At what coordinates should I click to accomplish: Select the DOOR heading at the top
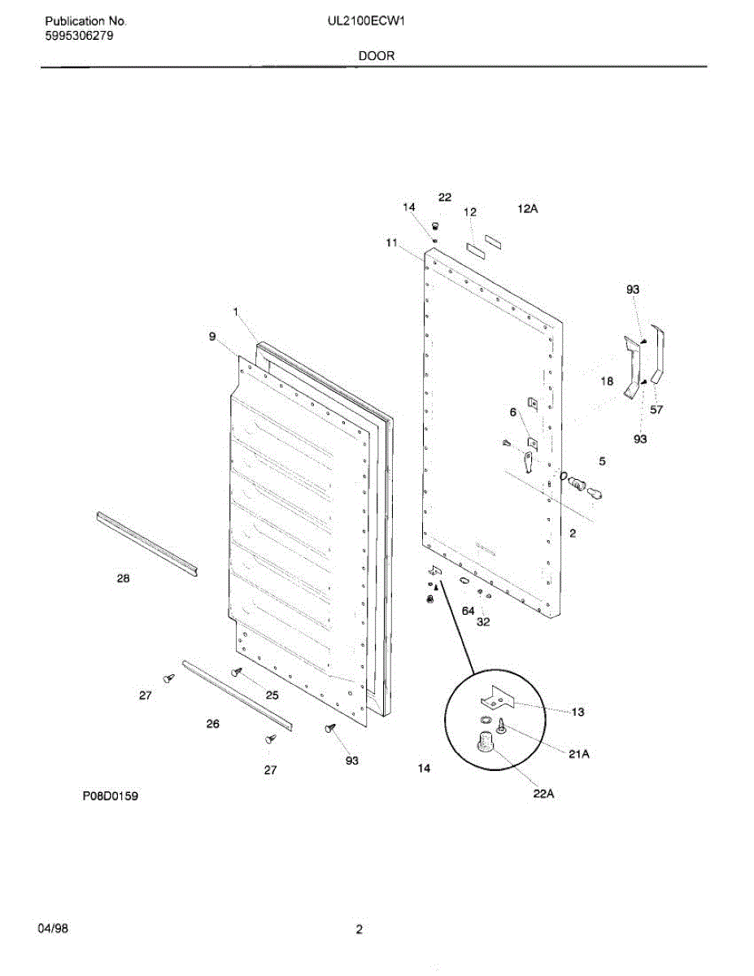click(375, 55)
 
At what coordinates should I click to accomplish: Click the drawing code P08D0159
click(109, 796)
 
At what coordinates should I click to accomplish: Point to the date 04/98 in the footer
click(53, 929)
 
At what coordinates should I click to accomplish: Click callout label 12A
click(528, 209)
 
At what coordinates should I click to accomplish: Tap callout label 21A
click(578, 754)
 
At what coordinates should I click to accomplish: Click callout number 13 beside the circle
click(577, 712)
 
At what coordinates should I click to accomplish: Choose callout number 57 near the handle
click(656, 410)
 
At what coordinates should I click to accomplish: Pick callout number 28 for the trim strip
click(123, 578)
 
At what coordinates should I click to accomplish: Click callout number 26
click(212, 723)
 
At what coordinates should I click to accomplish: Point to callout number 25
click(272, 695)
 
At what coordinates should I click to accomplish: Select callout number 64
click(468, 610)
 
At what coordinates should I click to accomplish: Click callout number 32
click(483, 622)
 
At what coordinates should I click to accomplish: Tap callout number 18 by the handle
click(608, 381)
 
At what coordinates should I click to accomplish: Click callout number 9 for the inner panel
click(212, 336)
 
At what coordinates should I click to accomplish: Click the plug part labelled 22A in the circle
click(486, 743)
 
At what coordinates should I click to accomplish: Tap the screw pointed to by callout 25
click(237, 672)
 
